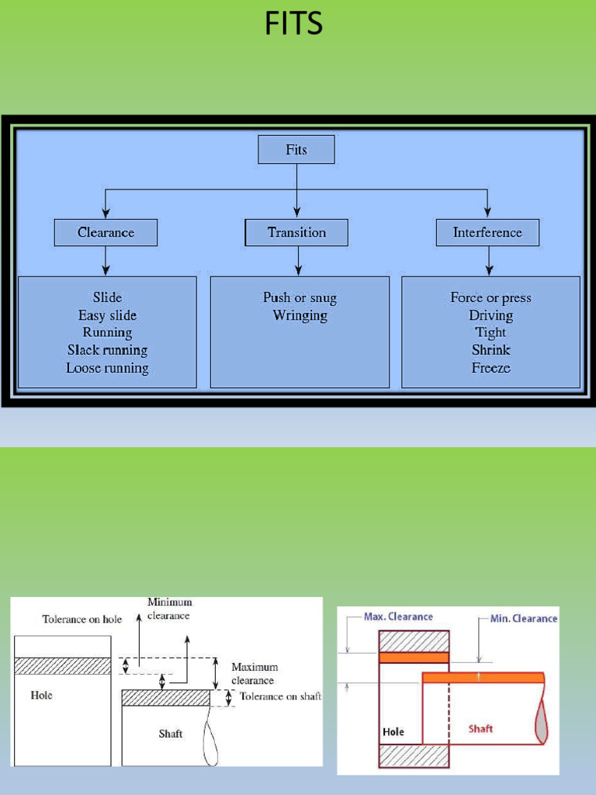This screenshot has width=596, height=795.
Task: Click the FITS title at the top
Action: (x=293, y=24)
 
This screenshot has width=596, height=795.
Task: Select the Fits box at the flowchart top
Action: (x=296, y=150)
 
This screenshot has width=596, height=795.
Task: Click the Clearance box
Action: (x=106, y=232)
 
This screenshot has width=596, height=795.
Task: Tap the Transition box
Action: (x=296, y=232)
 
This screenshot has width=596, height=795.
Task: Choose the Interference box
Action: (x=487, y=232)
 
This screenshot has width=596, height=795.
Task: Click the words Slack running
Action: (x=107, y=350)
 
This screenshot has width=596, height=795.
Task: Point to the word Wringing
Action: (x=300, y=315)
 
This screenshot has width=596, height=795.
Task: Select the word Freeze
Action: (x=490, y=368)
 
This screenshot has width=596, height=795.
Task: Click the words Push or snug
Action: (x=300, y=297)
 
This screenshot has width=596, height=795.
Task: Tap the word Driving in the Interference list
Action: (x=490, y=315)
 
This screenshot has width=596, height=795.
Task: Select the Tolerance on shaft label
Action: (x=280, y=696)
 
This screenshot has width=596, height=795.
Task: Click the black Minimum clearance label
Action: (x=170, y=609)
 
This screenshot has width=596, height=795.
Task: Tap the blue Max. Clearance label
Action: (x=398, y=616)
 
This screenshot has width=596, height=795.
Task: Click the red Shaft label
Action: (x=480, y=728)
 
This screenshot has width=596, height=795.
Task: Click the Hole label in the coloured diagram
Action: (x=393, y=731)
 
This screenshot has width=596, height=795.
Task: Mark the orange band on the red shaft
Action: (x=483, y=677)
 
